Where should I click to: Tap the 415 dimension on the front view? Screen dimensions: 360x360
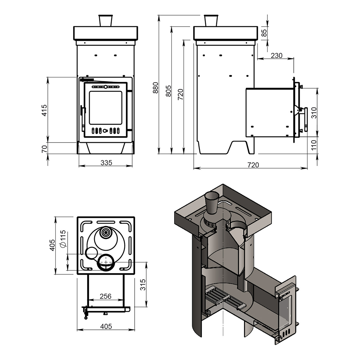click(44, 109)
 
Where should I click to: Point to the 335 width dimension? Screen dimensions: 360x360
click(106, 163)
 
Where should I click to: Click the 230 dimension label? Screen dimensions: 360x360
click(276, 56)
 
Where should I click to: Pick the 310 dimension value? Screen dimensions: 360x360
click(314, 112)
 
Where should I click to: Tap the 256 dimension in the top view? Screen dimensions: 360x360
click(105, 296)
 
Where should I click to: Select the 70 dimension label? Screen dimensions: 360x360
click(44, 148)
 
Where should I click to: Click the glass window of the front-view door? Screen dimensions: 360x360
click(105, 108)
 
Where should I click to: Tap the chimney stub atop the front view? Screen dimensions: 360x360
click(105, 21)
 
